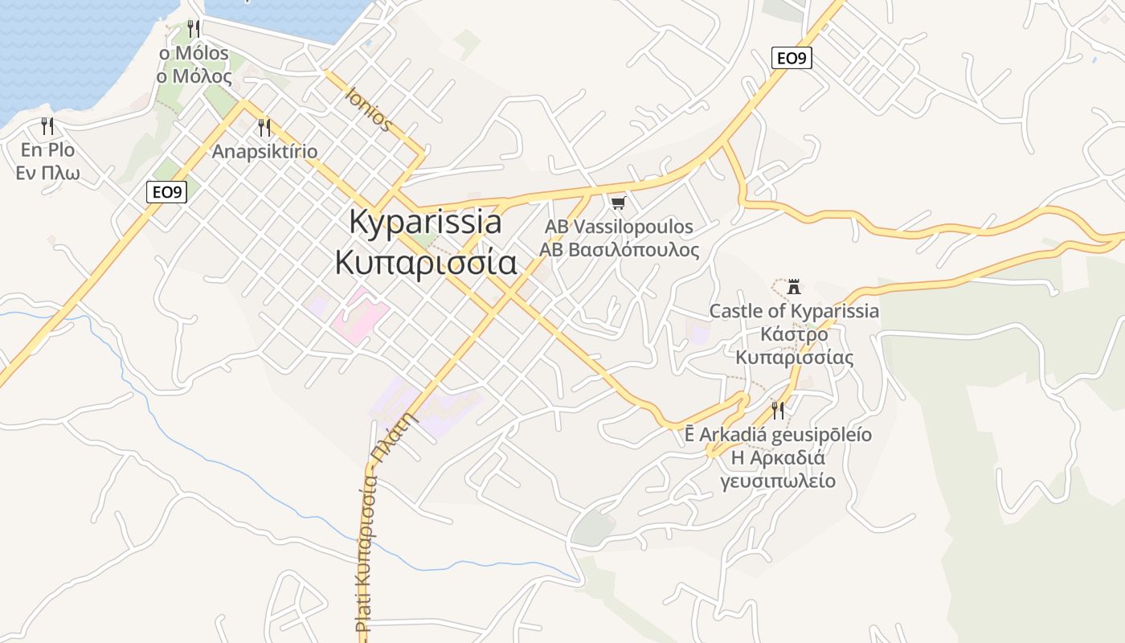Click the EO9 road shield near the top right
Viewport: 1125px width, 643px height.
pyautogui.click(x=792, y=58)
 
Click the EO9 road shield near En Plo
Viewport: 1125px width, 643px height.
pyautogui.click(x=166, y=192)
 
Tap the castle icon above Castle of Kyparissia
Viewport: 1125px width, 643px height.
pyautogui.click(x=794, y=287)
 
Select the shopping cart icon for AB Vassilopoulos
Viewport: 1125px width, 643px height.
pyautogui.click(x=618, y=203)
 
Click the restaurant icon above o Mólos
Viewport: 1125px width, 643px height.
pyautogui.click(x=193, y=29)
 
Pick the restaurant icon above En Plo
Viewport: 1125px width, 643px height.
pyautogui.click(x=47, y=126)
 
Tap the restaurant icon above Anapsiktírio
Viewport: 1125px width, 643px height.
pyautogui.click(x=264, y=127)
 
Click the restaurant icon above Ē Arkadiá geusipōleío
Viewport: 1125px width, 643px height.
pyautogui.click(x=777, y=411)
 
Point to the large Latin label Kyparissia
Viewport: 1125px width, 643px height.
pyautogui.click(x=426, y=223)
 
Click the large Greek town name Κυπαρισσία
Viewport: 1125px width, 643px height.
pyautogui.click(x=426, y=262)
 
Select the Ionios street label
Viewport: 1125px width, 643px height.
pyautogui.click(x=369, y=109)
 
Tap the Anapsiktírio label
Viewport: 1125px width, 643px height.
pyautogui.click(x=264, y=151)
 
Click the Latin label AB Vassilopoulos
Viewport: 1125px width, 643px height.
pyautogui.click(x=619, y=227)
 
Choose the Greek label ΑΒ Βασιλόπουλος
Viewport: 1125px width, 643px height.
pyautogui.click(x=619, y=250)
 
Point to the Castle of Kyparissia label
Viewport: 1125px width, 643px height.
pyautogui.click(x=794, y=311)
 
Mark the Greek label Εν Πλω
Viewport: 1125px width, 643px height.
pyautogui.click(x=48, y=173)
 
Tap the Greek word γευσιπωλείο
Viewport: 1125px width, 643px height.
pyautogui.click(x=777, y=481)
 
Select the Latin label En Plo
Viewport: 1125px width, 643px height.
pyautogui.click(x=48, y=150)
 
